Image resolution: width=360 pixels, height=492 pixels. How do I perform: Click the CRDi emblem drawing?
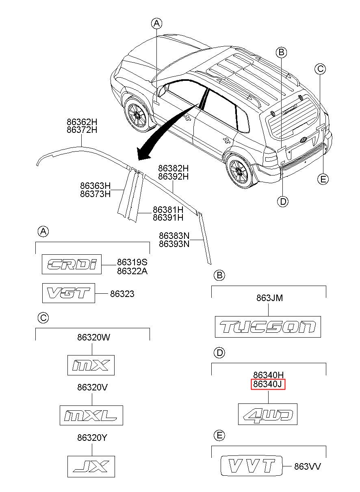point(72,264)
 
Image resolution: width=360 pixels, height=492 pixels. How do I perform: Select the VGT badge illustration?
point(69,293)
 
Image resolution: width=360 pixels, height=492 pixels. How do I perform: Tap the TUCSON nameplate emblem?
point(268,327)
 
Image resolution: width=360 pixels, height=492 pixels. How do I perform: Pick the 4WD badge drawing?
point(267,414)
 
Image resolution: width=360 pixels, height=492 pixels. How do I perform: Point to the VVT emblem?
point(251,466)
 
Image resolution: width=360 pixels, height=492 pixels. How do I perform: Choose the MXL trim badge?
point(91,415)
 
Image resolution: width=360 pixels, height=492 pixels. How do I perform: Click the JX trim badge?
point(91,466)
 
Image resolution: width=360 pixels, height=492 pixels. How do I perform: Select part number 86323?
point(122,294)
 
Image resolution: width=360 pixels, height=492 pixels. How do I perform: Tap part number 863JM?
point(269,298)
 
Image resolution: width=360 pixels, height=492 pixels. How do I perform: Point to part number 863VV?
point(308,466)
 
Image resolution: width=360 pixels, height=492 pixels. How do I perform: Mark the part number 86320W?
point(93,337)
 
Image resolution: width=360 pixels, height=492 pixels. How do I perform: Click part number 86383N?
point(174,236)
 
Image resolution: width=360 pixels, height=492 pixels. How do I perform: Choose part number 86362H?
point(82,122)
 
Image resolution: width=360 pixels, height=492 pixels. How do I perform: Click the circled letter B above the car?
point(281,52)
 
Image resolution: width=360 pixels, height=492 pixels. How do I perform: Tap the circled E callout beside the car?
point(323,179)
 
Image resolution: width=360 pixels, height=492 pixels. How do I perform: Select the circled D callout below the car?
point(283,201)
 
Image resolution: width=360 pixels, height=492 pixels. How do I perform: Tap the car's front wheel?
point(137,115)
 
